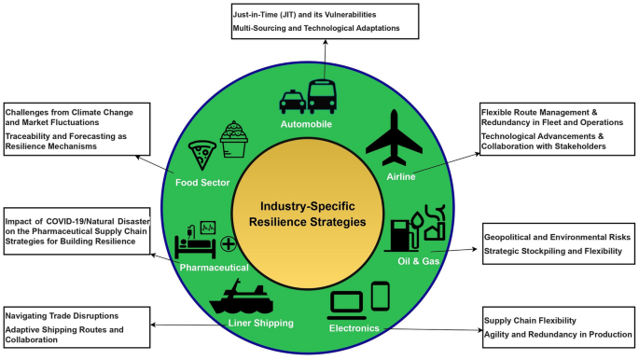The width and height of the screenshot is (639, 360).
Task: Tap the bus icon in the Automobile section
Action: [x=323, y=97]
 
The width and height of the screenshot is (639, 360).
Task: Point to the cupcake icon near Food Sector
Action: [x=233, y=140]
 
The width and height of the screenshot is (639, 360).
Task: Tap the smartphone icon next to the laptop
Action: [x=381, y=297]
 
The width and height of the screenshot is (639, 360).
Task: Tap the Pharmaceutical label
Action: [x=214, y=268]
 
